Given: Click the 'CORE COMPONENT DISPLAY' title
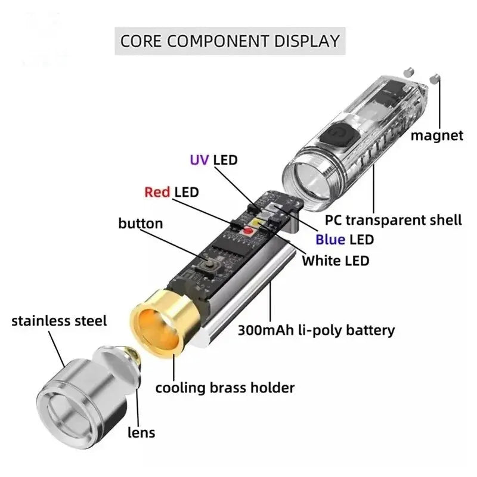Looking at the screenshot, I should [x=230, y=41].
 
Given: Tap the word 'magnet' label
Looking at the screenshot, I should [x=436, y=135].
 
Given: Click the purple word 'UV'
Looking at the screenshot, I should [x=199, y=160].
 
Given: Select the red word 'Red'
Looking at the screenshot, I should [x=157, y=192].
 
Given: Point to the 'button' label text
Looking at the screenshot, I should [x=141, y=224].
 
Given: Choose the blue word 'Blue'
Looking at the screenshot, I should [x=330, y=240].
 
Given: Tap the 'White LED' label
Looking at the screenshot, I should [x=335, y=260].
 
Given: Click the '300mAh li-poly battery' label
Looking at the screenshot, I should [x=316, y=330].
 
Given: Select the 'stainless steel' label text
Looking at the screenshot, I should [x=59, y=321].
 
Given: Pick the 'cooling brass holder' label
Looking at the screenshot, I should [x=225, y=388].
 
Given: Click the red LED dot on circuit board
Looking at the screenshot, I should [x=248, y=230].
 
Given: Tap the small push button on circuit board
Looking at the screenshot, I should [x=210, y=264].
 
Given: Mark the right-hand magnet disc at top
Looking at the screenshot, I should [x=435, y=78].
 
